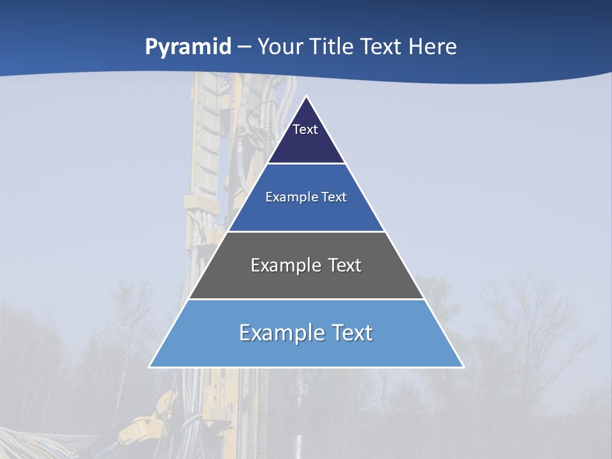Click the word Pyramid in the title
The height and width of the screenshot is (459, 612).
coord(188,47)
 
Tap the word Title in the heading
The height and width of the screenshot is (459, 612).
coord(333,47)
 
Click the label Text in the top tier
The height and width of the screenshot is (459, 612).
coord(305,129)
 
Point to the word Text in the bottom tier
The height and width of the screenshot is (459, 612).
coord(351,333)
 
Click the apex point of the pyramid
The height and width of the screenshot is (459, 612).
coord(307,97)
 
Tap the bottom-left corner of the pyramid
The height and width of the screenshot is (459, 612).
coord(150,367)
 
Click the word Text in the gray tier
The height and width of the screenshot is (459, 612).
coord(342,265)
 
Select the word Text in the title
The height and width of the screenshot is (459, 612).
coord(381,47)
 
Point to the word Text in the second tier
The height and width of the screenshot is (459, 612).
coord(334,197)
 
